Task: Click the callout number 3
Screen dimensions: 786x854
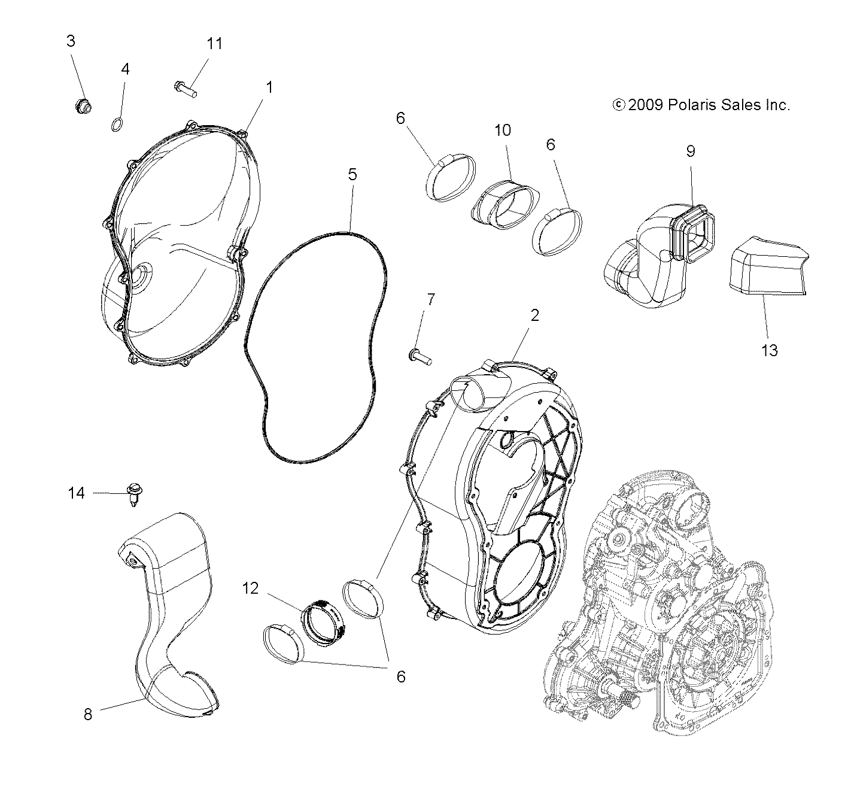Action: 71,41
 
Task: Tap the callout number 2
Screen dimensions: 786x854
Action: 534,315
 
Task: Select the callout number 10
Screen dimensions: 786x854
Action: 503,130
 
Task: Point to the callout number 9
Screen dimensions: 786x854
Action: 691,151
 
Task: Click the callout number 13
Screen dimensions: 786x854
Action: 770,350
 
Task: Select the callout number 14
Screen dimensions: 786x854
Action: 77,493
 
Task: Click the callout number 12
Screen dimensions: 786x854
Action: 251,588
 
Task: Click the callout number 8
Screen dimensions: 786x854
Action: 88,714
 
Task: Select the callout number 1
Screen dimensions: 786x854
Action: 269,87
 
